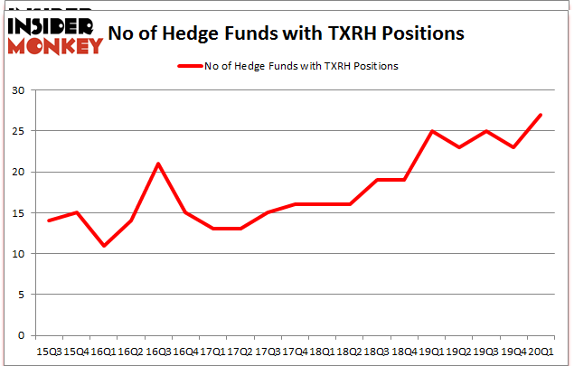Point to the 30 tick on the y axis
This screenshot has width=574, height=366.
[18, 90]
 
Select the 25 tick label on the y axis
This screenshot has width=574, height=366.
[18, 131]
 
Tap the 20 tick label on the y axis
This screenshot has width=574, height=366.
[18, 172]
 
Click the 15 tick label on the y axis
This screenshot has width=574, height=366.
[18, 213]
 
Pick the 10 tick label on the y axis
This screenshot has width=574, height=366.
[18, 254]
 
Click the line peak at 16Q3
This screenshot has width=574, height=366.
[158, 164]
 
